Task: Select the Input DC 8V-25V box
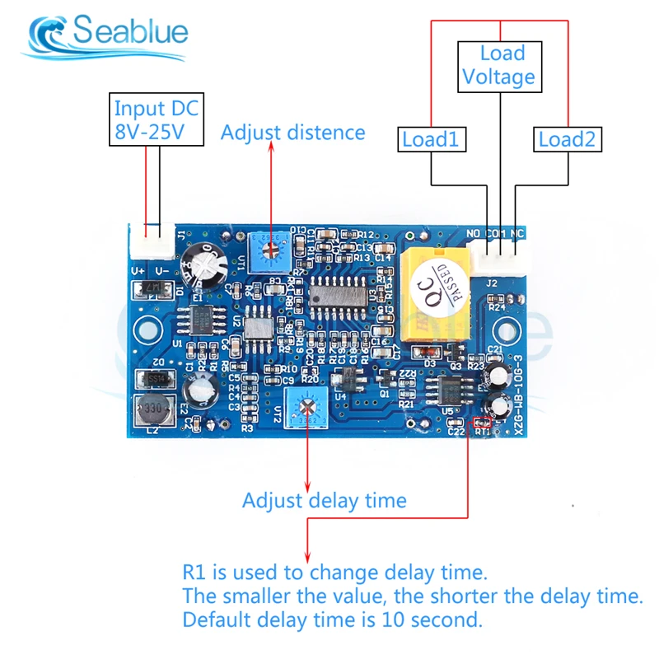(x=157, y=119)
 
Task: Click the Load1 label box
(x=429, y=139)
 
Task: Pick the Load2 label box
(x=567, y=139)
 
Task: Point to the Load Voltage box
(x=498, y=66)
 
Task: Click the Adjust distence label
(x=292, y=133)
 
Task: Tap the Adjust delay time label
(x=324, y=500)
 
